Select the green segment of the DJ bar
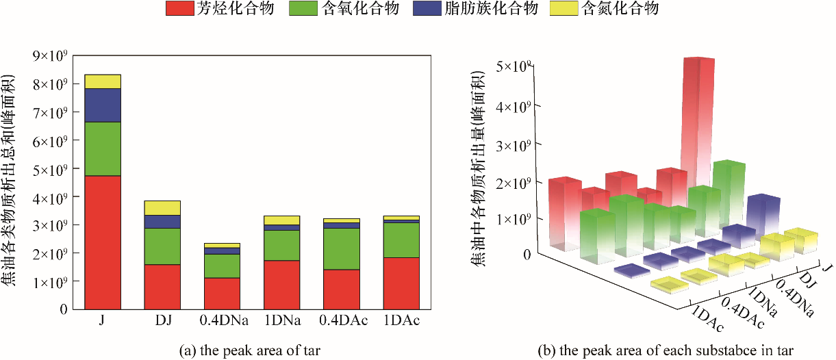point(162,246)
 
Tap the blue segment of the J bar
point(103,105)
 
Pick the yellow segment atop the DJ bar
point(162,207)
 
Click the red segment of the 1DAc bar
point(401,283)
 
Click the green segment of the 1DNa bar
point(282,245)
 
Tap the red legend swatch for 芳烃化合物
point(179,9)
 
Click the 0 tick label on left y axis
point(62,309)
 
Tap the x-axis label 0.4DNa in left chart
point(223,321)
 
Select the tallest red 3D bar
point(698,123)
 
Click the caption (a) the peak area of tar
point(249,350)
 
